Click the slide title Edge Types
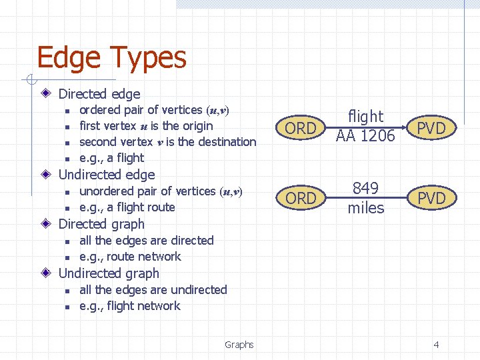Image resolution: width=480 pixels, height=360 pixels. pos(111,58)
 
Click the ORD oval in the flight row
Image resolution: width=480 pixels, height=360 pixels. pos(301,128)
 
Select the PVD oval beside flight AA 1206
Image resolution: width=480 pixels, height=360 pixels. pos(431,128)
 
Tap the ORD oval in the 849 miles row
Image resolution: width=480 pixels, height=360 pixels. pos(301,198)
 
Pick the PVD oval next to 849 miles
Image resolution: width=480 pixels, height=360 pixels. pos(431,198)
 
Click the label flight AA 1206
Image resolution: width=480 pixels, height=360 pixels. pos(365,126)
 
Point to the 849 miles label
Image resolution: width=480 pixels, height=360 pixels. pos(365,198)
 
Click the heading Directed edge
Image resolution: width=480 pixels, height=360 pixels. pos(99,94)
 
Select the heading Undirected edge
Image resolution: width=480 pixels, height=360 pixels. pos(107,175)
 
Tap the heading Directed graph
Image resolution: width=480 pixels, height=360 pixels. pos(101,224)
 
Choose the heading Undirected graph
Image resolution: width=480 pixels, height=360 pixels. pos(109,273)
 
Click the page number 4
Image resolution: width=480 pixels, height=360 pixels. pos(436,345)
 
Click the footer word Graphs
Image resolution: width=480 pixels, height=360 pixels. pos(239,345)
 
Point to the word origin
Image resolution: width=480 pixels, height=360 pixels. pos(197,126)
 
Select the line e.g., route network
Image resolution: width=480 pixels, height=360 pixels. pos(130,257)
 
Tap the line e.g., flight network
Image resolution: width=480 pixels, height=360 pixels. pos(130,306)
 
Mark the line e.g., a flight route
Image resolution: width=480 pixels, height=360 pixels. pos(127,207)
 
